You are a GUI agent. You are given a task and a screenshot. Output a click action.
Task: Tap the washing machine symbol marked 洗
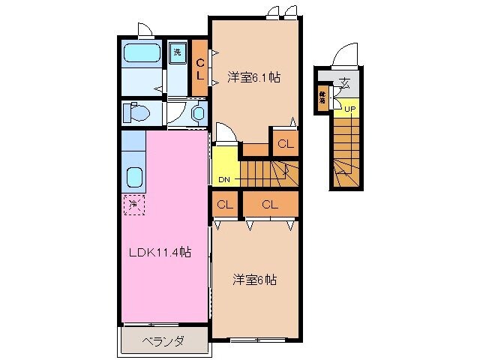click(x=177, y=52)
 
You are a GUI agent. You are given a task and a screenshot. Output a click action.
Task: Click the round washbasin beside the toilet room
click(x=198, y=113)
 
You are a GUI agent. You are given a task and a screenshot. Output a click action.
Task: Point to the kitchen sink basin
click(x=134, y=178)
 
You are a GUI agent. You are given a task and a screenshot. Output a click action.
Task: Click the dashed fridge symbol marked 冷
click(x=133, y=202)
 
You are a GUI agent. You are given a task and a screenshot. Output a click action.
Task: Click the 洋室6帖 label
click(x=253, y=280)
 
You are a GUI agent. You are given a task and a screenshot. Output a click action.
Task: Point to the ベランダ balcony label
click(x=163, y=341)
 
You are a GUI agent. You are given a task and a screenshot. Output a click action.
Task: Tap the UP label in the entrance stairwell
click(x=349, y=109)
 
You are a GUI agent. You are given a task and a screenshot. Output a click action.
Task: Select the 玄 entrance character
click(x=344, y=82)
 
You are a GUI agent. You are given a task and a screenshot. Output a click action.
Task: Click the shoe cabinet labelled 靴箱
click(x=322, y=98)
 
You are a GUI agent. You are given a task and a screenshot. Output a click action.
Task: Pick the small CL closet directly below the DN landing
click(x=225, y=204)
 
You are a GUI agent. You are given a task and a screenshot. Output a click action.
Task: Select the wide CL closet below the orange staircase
click(x=270, y=204)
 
